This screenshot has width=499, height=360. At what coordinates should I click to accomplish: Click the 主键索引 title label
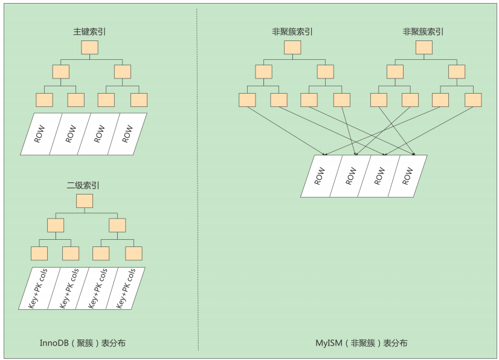pyautogui.click(x=89, y=31)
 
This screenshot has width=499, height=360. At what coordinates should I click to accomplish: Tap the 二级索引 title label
pyautogui.click(x=84, y=185)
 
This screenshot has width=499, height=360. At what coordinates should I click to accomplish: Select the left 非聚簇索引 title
pyautogui.click(x=292, y=31)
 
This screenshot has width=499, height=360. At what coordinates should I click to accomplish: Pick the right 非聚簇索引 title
pyautogui.click(x=423, y=31)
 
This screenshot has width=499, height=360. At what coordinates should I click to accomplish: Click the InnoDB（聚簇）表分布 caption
pyautogui.click(x=83, y=343)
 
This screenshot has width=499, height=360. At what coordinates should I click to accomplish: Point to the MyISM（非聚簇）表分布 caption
pyautogui.click(x=361, y=343)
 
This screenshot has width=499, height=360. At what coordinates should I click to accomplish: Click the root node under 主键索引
pyautogui.click(x=89, y=48)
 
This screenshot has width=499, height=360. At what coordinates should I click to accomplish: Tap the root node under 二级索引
pyautogui.click(x=84, y=201)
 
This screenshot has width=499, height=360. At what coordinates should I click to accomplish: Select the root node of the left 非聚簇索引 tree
pyautogui.click(x=292, y=48)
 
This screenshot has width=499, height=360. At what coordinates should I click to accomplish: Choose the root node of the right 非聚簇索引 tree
pyautogui.click(x=423, y=48)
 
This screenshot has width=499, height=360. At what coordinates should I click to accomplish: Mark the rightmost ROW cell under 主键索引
pyautogui.click(x=127, y=134)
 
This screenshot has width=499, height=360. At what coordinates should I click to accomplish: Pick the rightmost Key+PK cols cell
pyautogui.click(x=124, y=289)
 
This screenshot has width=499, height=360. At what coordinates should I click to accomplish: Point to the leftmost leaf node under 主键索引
pyautogui.click(x=44, y=100)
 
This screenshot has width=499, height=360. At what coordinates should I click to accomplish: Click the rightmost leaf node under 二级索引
pyautogui.click(x=134, y=254)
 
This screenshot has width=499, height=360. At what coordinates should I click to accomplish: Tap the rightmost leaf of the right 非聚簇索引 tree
pyautogui.click(x=473, y=100)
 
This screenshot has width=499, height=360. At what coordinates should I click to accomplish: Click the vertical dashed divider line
pyautogui.click(x=198, y=181)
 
